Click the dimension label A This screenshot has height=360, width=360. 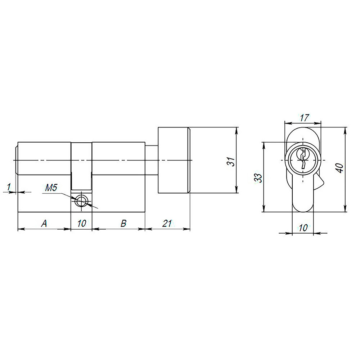(44, 224)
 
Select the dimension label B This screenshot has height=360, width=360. (123, 224)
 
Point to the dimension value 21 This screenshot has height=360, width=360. (166, 224)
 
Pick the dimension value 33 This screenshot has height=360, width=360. (258, 177)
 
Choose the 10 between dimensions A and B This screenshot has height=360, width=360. (81, 224)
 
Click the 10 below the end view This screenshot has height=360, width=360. (303, 228)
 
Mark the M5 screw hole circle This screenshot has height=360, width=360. (82, 201)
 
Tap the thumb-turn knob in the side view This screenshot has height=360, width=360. (173, 160)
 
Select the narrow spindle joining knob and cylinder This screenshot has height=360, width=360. (151, 160)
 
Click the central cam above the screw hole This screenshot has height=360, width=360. (81, 166)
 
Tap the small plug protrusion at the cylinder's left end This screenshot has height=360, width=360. (16, 158)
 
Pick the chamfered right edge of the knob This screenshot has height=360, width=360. (188, 160)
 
